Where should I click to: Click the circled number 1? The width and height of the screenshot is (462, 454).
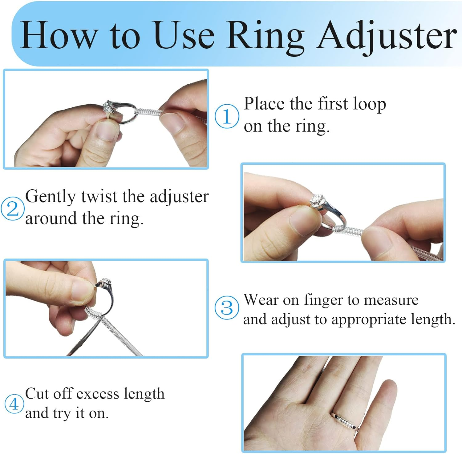click(227, 116)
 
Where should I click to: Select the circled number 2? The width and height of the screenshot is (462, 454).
click(12, 209)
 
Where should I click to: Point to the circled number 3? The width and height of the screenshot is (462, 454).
click(227, 307)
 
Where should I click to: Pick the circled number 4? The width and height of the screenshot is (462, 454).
click(14, 404)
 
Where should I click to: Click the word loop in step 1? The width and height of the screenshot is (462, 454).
click(369, 104)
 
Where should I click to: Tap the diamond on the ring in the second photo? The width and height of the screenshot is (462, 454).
click(318, 200)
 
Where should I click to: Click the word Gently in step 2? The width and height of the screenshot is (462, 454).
click(50, 197)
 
